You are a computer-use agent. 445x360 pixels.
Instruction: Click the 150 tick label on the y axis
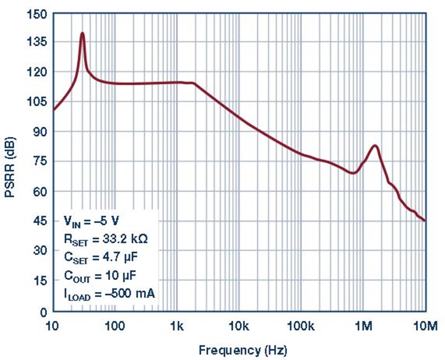[x=37, y=14]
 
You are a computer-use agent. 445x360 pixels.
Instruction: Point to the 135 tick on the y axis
[x=37, y=43]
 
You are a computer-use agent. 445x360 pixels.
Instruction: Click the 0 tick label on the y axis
[x=44, y=313]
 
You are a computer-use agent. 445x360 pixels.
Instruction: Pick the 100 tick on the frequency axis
[x=115, y=326]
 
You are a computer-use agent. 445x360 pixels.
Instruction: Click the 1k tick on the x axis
[x=177, y=326]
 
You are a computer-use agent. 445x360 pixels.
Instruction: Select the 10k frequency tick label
[x=239, y=326]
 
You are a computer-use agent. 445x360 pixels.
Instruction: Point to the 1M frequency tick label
[x=363, y=326]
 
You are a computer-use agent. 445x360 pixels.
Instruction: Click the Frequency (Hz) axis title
[x=243, y=350]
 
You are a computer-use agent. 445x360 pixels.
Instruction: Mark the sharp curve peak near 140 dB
[x=83, y=33]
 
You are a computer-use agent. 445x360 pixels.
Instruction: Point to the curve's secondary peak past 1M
[x=375, y=146]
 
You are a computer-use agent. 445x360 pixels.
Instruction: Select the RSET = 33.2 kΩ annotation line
[x=106, y=239]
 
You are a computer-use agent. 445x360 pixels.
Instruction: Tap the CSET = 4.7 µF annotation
[x=101, y=258]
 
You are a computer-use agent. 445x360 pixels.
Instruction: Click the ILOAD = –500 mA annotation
[x=110, y=294]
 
